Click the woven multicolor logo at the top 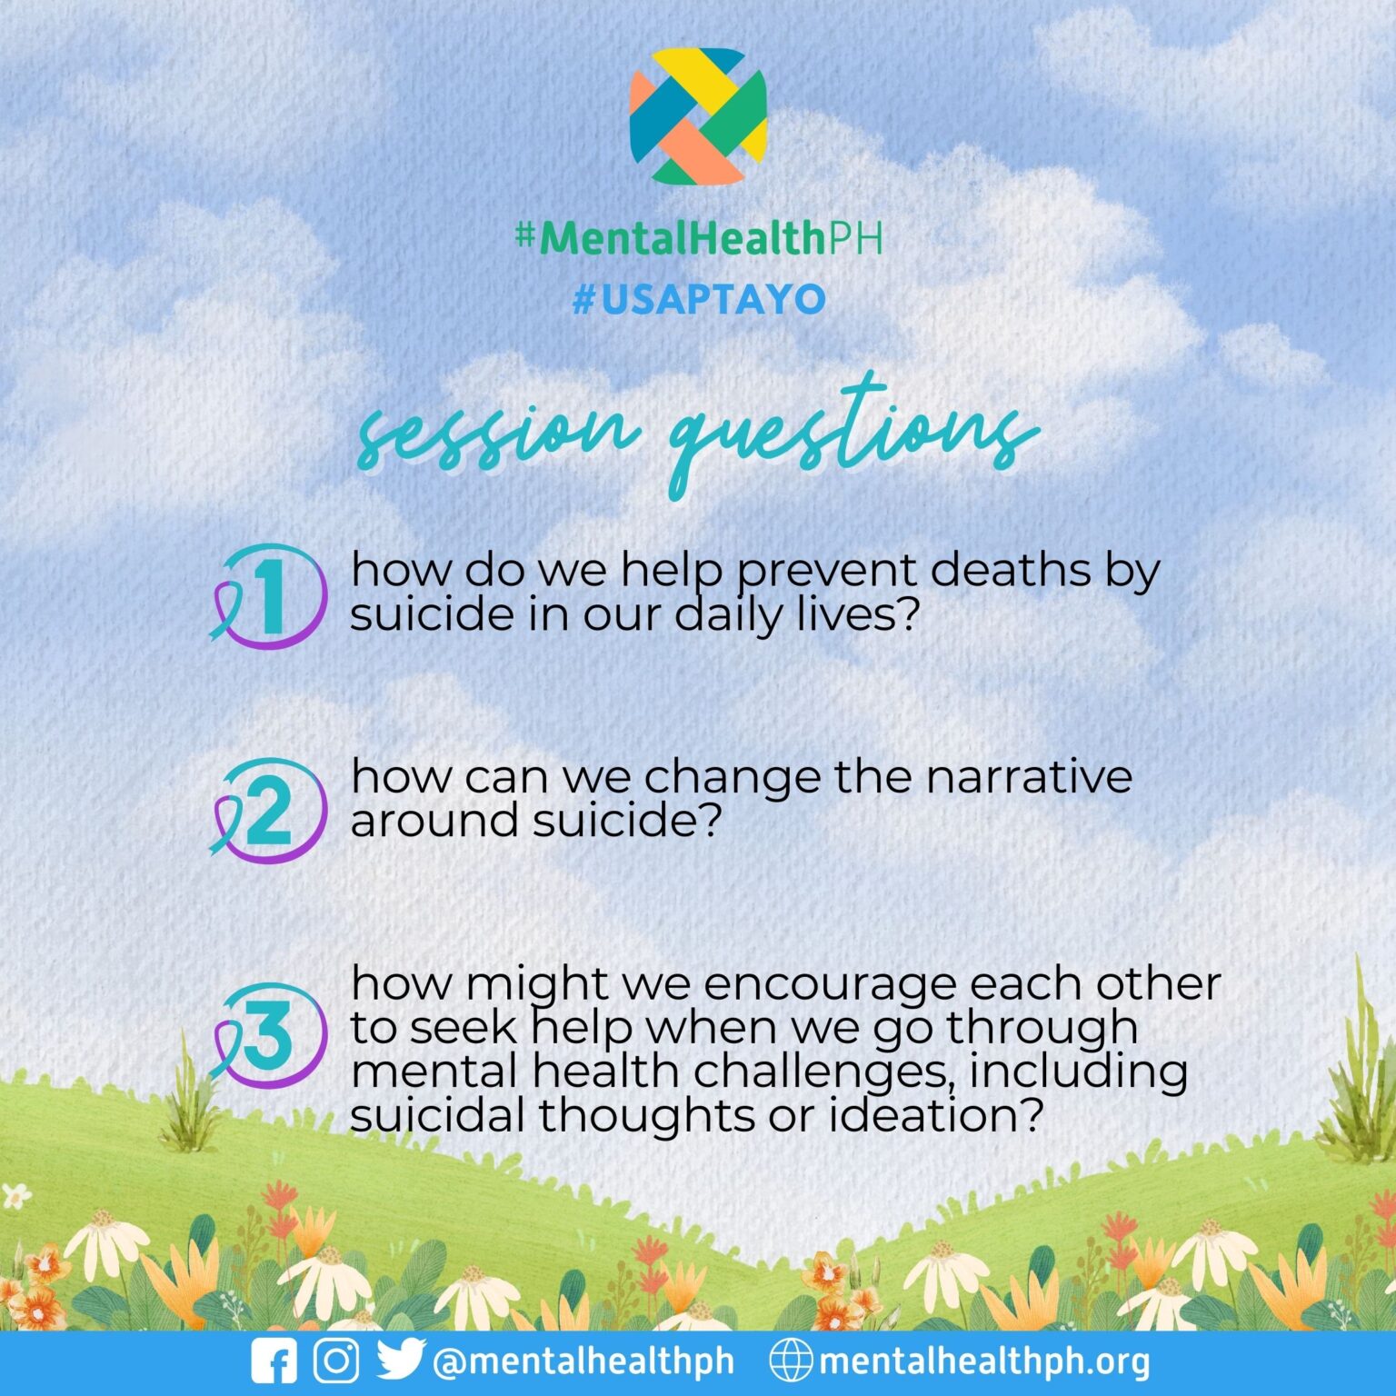tap(698, 115)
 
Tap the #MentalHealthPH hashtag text tap(698, 238)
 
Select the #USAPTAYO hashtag tap(698, 299)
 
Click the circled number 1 tap(270, 597)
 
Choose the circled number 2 tap(270, 810)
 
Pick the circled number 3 tap(270, 1035)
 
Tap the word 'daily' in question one tap(728, 615)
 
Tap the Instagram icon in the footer tap(336, 1361)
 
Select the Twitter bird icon tap(400, 1360)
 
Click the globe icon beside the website tap(791, 1361)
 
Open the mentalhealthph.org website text tap(984, 1361)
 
